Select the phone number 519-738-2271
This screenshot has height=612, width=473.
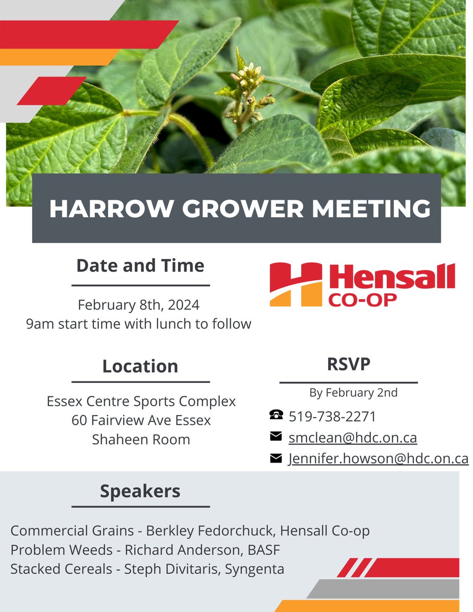click(332, 417)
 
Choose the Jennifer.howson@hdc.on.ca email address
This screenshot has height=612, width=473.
click(378, 458)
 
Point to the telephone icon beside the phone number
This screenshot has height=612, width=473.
click(276, 416)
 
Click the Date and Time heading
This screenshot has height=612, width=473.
click(140, 266)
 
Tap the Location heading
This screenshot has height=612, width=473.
click(140, 366)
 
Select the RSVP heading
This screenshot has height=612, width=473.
click(348, 364)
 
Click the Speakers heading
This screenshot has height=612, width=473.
click(140, 491)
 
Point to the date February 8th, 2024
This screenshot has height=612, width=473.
click(139, 305)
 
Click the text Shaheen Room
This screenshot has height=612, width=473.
click(141, 439)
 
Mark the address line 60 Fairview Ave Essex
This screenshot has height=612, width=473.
click(141, 420)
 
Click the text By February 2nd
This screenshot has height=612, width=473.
click(353, 393)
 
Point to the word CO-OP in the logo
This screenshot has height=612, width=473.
click(362, 300)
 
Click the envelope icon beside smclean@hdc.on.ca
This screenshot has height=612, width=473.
click(276, 437)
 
